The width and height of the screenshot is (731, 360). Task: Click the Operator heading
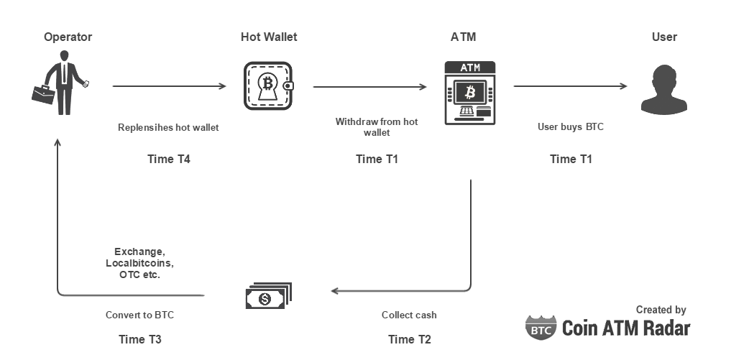tap(68, 37)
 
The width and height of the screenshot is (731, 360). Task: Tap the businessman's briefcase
tap(42, 93)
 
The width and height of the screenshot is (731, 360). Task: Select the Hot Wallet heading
tap(269, 37)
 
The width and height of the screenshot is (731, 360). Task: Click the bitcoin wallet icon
tap(268, 86)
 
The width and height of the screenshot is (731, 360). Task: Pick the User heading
tap(664, 37)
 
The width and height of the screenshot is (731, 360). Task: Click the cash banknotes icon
tap(268, 295)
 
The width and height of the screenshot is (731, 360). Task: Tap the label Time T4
tap(169, 159)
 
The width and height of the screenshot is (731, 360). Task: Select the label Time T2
tap(410, 339)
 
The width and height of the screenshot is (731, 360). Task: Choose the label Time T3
tap(140, 339)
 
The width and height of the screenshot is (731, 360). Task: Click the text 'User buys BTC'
tap(571, 127)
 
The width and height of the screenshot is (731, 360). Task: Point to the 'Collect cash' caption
tap(409, 315)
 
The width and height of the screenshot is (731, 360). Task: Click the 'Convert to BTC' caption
tap(139, 315)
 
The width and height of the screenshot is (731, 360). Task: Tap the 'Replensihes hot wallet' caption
tap(168, 127)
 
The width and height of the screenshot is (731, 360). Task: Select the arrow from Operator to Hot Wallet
tap(169, 87)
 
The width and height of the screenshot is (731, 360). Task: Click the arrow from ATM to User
tap(570, 87)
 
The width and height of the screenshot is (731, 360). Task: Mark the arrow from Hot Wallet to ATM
tap(369, 87)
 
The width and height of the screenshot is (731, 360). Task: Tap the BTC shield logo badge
tap(540, 327)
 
